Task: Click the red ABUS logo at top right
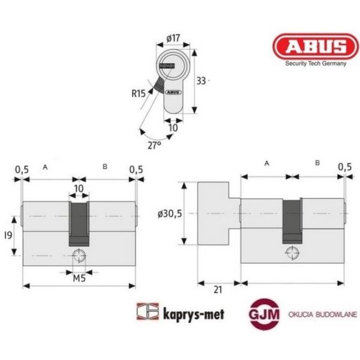[x=316, y=47]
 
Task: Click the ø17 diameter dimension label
[x=173, y=38]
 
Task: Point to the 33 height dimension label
[x=201, y=81]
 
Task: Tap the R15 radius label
[x=139, y=94]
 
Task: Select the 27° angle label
[x=154, y=145]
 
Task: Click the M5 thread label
[x=79, y=278]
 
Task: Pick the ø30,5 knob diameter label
[x=170, y=214]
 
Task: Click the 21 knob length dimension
[x=218, y=290]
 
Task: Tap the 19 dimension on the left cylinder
[x=8, y=235]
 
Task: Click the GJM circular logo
[x=264, y=314]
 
